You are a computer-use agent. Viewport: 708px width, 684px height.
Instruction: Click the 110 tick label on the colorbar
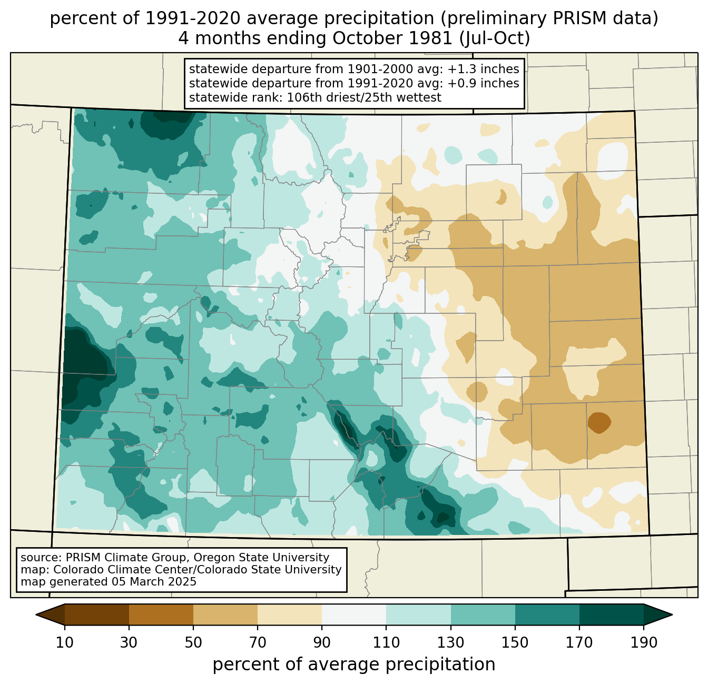click(386, 643)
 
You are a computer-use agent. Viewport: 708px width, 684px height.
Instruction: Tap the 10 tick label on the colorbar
click(65, 643)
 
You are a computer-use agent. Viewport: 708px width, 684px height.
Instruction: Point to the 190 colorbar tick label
click(643, 643)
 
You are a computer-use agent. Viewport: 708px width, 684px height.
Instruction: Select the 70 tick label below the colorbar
click(258, 643)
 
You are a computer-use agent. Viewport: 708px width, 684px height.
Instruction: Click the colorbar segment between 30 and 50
click(161, 614)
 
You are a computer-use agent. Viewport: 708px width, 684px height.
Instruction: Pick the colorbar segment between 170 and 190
click(611, 614)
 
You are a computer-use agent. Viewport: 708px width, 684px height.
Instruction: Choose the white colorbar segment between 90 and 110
click(354, 614)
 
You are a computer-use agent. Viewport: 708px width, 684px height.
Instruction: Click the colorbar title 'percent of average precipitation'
click(354, 665)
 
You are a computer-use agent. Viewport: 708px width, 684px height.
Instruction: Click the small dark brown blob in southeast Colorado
click(599, 422)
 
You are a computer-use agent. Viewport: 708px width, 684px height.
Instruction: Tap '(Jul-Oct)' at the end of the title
click(494, 39)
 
